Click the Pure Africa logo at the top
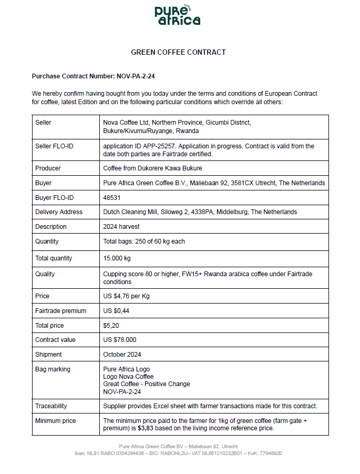pos(178,16)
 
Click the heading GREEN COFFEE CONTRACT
pos(178,52)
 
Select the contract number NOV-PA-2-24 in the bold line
pos(136,76)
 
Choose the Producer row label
pos(48,168)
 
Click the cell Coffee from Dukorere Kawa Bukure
pos(152,168)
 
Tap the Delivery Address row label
pos(59,212)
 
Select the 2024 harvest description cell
pos(121,227)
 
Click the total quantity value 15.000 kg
pos(117,258)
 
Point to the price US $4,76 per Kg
pos(126,296)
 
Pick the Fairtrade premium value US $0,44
pos(117,311)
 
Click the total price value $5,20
pos(111,326)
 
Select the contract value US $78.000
pos(120,340)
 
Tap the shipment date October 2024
pos(122,355)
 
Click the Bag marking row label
pos(53,369)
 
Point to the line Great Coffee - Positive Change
pos(147,384)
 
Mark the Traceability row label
pos(51,406)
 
